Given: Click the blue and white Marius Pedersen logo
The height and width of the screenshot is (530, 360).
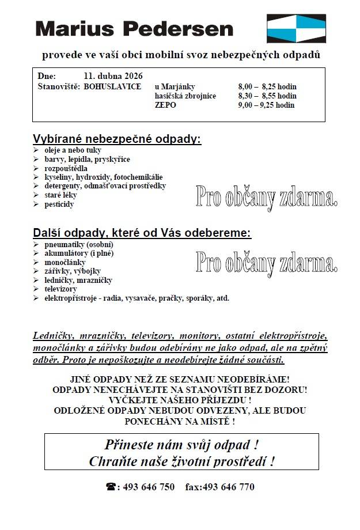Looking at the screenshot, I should tap(296, 29).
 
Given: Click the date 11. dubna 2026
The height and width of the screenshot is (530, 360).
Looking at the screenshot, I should tap(113, 76).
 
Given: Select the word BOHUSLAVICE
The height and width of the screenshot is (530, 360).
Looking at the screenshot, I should tap(113, 86).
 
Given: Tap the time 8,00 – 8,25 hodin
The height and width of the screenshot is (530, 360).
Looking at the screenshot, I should tap(267, 86).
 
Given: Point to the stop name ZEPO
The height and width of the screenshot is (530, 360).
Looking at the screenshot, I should tap(165, 105).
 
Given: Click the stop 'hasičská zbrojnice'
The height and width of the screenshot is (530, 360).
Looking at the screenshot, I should tap(185, 96).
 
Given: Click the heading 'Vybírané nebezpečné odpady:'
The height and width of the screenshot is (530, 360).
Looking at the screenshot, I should tap(118, 139).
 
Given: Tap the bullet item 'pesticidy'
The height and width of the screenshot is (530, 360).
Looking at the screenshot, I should tap(59, 204).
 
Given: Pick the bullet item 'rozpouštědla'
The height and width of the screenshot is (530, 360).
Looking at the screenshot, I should tap(66, 168).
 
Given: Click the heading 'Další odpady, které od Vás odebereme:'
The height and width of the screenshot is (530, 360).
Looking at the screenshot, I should tap(142, 233).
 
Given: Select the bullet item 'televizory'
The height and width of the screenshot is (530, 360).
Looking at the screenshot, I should tap(61, 289).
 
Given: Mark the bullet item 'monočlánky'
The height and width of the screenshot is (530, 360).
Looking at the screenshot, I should tap(65, 262).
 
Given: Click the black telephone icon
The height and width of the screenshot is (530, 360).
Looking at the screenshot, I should tap(111, 487).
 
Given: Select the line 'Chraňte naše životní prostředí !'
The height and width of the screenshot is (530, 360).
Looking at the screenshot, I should tap(181, 461).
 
